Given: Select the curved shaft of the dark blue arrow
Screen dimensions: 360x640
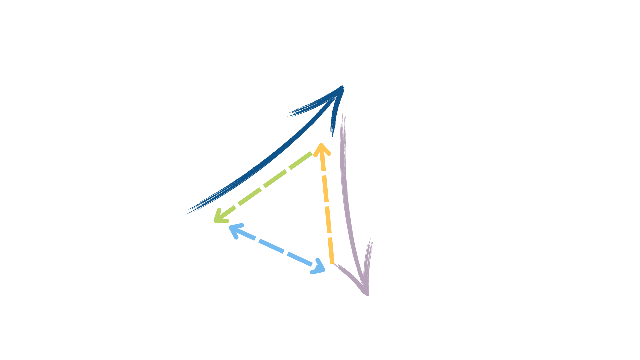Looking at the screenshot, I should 267,160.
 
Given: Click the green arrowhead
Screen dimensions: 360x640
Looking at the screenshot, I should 218,217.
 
